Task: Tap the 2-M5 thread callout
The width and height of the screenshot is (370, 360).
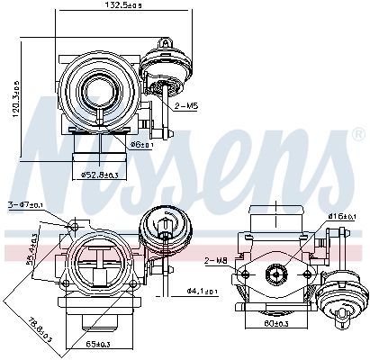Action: tap(187, 105)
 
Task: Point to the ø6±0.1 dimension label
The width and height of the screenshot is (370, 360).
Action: tap(140, 144)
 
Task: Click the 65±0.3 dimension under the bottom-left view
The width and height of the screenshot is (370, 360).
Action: tap(97, 344)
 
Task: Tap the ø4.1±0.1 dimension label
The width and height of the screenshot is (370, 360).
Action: tap(200, 291)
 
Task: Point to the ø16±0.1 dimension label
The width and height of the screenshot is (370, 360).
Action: tap(342, 217)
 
